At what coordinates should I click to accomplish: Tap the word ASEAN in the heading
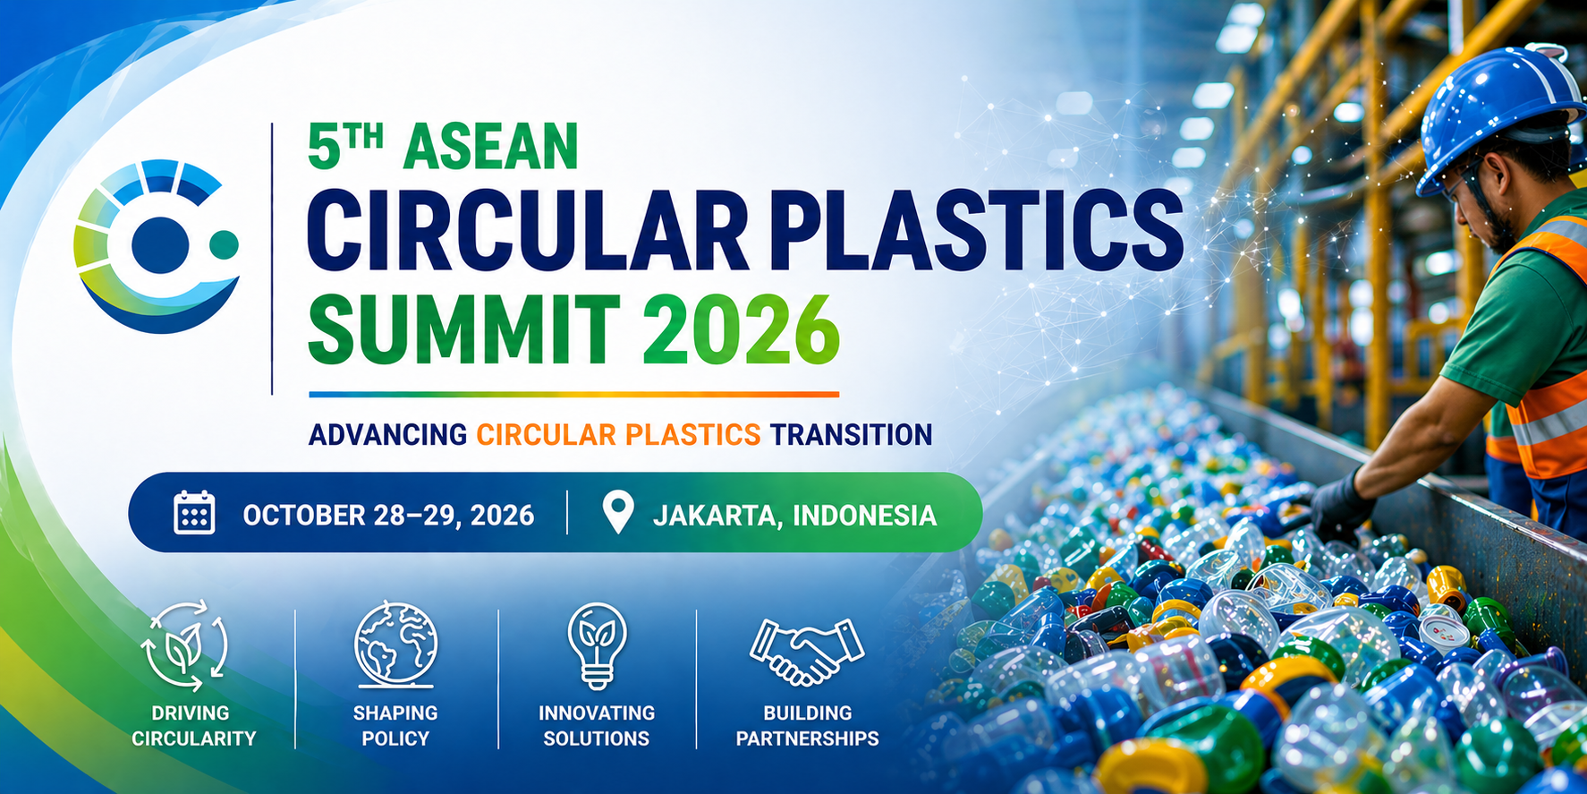491,147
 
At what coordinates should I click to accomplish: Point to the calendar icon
194,513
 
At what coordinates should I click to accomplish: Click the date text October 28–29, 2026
388,516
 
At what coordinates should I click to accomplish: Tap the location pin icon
618,512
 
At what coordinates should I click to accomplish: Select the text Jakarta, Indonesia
794,516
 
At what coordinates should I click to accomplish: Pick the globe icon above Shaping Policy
395,645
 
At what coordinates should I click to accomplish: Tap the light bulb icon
597,645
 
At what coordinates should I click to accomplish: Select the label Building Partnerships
807,726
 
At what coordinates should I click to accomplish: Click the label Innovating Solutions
597,726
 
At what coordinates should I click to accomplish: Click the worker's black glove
1342,503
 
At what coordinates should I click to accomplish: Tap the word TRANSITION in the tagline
851,435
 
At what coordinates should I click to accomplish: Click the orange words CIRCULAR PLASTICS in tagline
618,435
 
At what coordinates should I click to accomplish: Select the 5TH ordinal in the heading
345,147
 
